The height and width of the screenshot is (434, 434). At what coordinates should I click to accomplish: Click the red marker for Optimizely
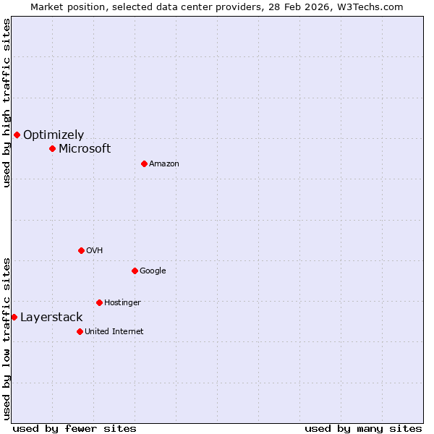pyautogui.click(x=17, y=135)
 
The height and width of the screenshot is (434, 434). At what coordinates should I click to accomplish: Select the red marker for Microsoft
pyautogui.click(x=52, y=148)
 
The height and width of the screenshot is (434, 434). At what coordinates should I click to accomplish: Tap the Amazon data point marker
pyautogui.click(x=144, y=163)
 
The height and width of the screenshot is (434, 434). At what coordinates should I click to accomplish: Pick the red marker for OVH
pyautogui.click(x=81, y=250)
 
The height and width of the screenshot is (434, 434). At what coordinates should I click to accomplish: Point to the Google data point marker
pyautogui.click(x=135, y=271)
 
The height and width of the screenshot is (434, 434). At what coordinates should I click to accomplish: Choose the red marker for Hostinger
pyautogui.click(x=99, y=302)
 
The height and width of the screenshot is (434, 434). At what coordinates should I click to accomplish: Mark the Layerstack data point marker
pyautogui.click(x=14, y=317)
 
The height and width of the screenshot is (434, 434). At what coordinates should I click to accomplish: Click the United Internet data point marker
pyautogui.click(x=80, y=331)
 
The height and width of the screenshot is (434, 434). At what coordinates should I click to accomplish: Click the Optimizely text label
pyautogui.click(x=54, y=135)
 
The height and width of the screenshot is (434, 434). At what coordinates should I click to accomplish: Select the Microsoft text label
pyautogui.click(x=85, y=148)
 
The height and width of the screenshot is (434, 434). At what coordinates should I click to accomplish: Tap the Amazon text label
pyautogui.click(x=164, y=163)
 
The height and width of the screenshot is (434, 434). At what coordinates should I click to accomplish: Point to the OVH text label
pyautogui.click(x=95, y=250)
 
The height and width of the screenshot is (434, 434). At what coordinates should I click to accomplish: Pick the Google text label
pyautogui.click(x=153, y=271)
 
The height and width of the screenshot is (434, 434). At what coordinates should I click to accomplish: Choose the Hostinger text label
pyautogui.click(x=122, y=302)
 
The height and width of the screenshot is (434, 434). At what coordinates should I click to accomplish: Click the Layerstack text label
pyautogui.click(x=51, y=317)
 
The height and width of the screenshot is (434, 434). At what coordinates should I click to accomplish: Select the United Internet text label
pyautogui.click(x=114, y=331)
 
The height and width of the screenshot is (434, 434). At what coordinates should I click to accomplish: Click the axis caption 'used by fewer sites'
pyautogui.click(x=75, y=428)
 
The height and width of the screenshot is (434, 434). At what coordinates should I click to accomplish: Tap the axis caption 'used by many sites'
pyautogui.click(x=363, y=428)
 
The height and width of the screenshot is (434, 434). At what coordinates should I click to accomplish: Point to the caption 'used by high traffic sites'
pyautogui.click(x=7, y=103)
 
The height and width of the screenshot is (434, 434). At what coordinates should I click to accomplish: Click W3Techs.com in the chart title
pyautogui.click(x=367, y=7)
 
